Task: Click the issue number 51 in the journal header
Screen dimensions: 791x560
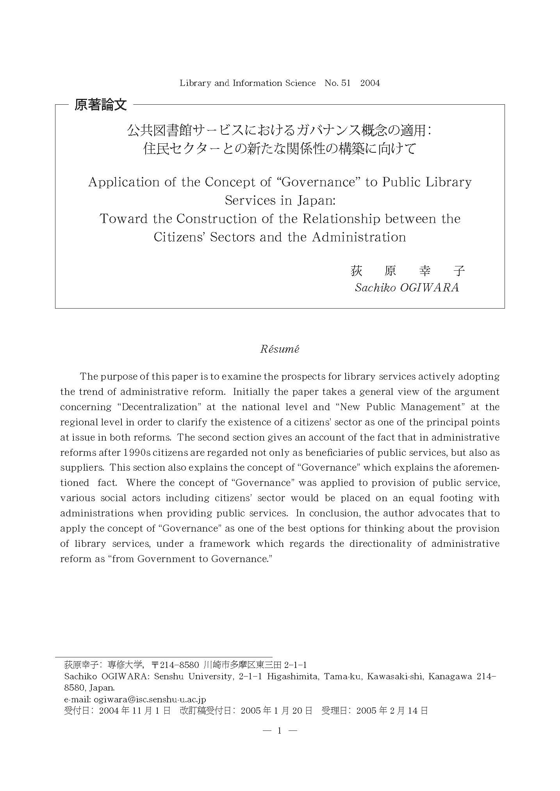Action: [346, 83]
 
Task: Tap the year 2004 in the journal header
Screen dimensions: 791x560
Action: [370, 83]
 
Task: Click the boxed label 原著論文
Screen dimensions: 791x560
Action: [101, 105]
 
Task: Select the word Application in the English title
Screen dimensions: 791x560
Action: [124, 182]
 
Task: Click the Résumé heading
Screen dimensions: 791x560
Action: [280, 349]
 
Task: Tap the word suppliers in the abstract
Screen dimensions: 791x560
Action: [82, 468]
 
